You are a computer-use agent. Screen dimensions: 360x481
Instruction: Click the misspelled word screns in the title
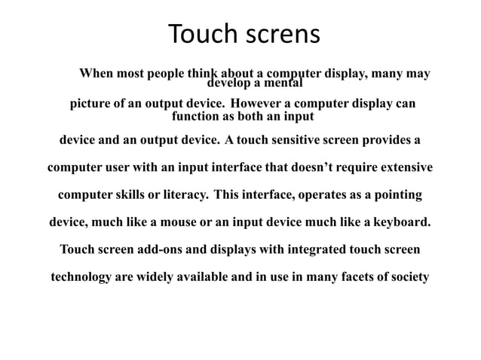click(280, 35)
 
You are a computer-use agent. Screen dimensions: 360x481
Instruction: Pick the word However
click(258, 102)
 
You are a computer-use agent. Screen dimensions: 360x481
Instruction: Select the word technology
click(81, 276)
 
